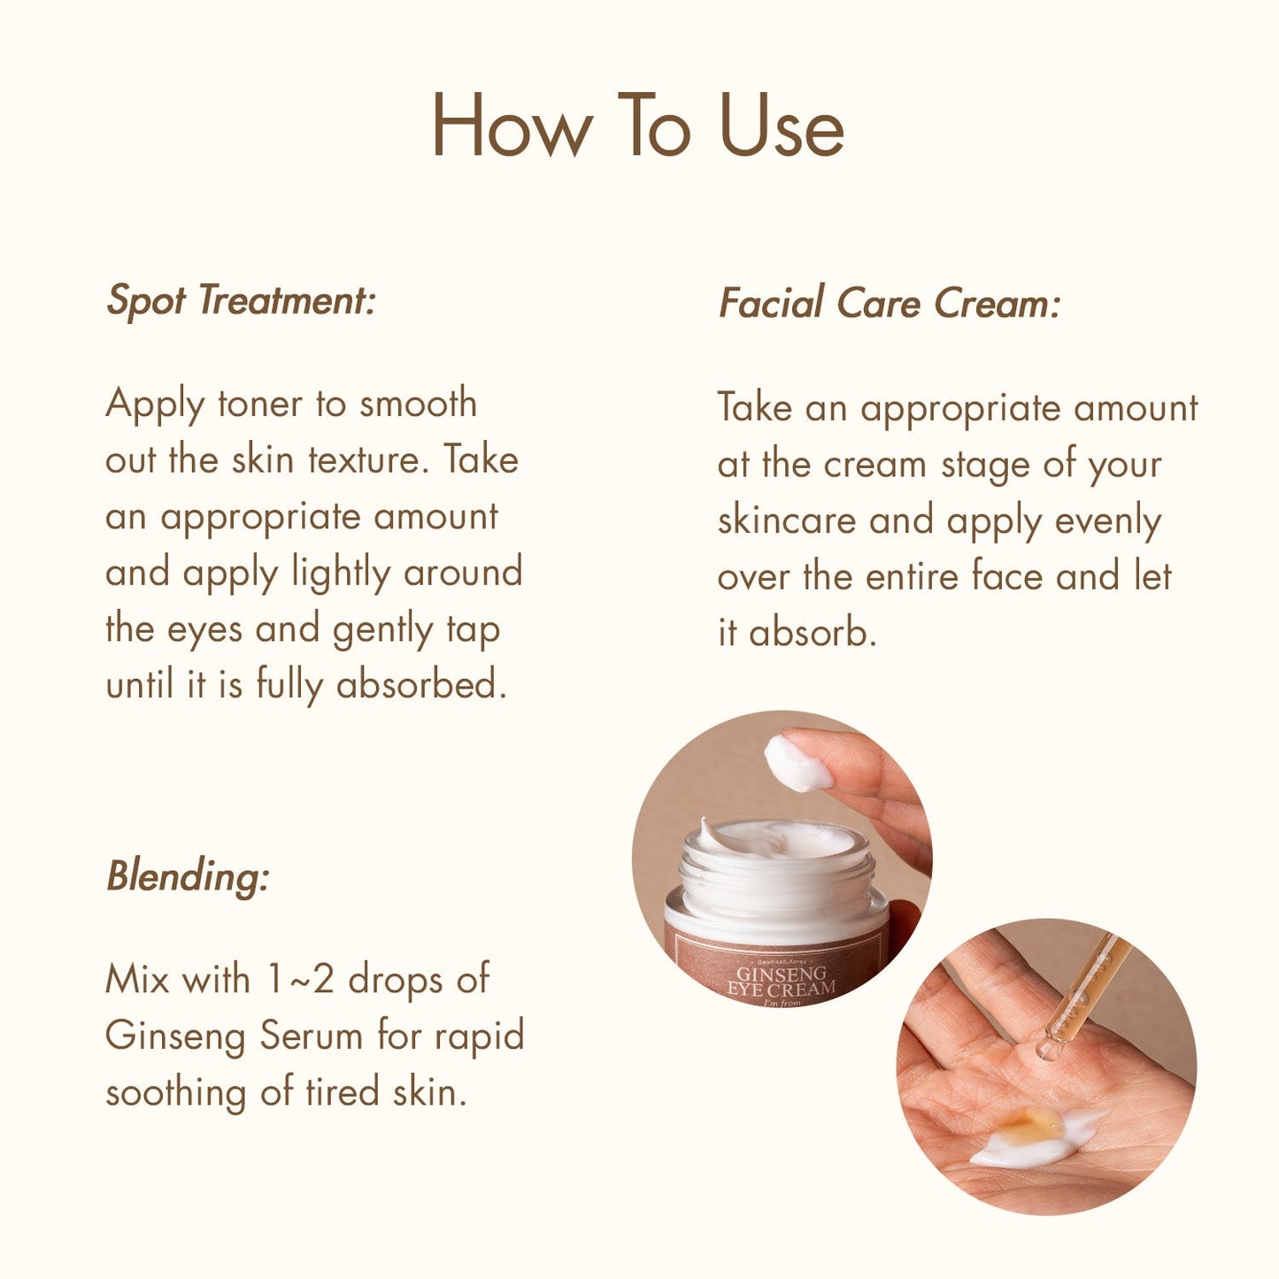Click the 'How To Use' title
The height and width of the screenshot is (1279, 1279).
click(637, 125)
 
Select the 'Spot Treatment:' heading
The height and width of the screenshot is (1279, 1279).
click(241, 301)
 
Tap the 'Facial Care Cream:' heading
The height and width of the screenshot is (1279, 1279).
click(889, 304)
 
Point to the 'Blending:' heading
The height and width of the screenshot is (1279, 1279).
click(188, 876)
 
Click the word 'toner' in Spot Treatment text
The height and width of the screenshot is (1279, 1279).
click(260, 405)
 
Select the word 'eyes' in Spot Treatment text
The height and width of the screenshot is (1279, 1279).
click(204, 630)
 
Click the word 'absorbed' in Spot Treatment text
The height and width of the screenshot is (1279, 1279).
click(420, 686)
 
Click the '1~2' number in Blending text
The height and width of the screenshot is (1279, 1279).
click(299, 980)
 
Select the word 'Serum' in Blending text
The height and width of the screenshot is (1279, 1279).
click(311, 1036)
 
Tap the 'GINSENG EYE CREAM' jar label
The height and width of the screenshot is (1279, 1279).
click(781, 981)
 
